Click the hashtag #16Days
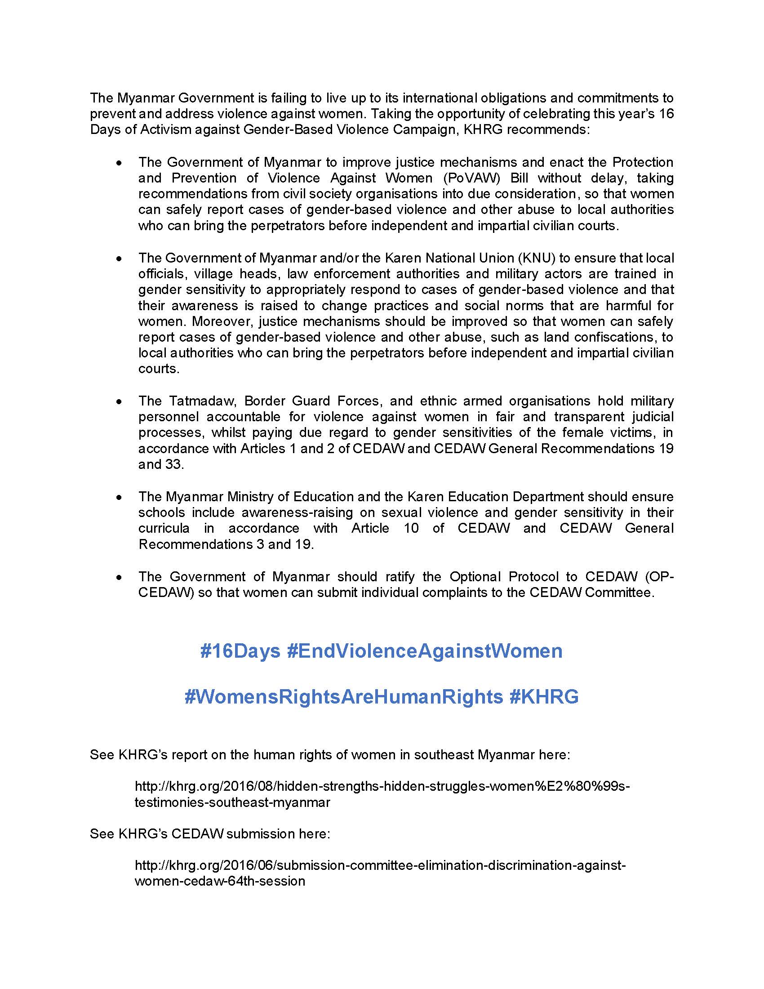point(240,651)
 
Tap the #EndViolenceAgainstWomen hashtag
point(425,651)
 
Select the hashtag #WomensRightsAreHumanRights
point(343,696)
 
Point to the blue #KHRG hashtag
point(544,696)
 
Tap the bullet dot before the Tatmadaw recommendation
point(119,401)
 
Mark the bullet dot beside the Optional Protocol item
point(119,577)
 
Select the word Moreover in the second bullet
point(218,321)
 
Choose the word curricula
point(164,529)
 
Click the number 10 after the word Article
point(411,529)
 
